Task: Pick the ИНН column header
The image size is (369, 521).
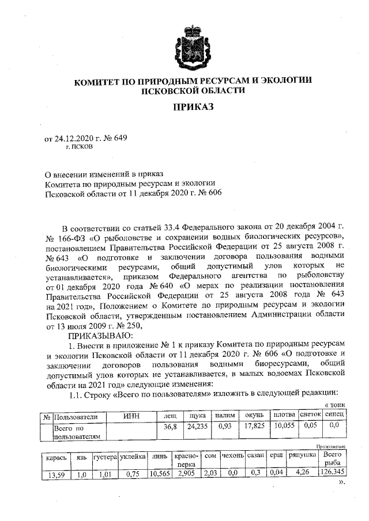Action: point(132,414)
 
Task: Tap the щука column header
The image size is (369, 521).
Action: point(198,414)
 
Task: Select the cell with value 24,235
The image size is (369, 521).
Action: point(198,427)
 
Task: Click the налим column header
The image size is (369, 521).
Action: point(224,414)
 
